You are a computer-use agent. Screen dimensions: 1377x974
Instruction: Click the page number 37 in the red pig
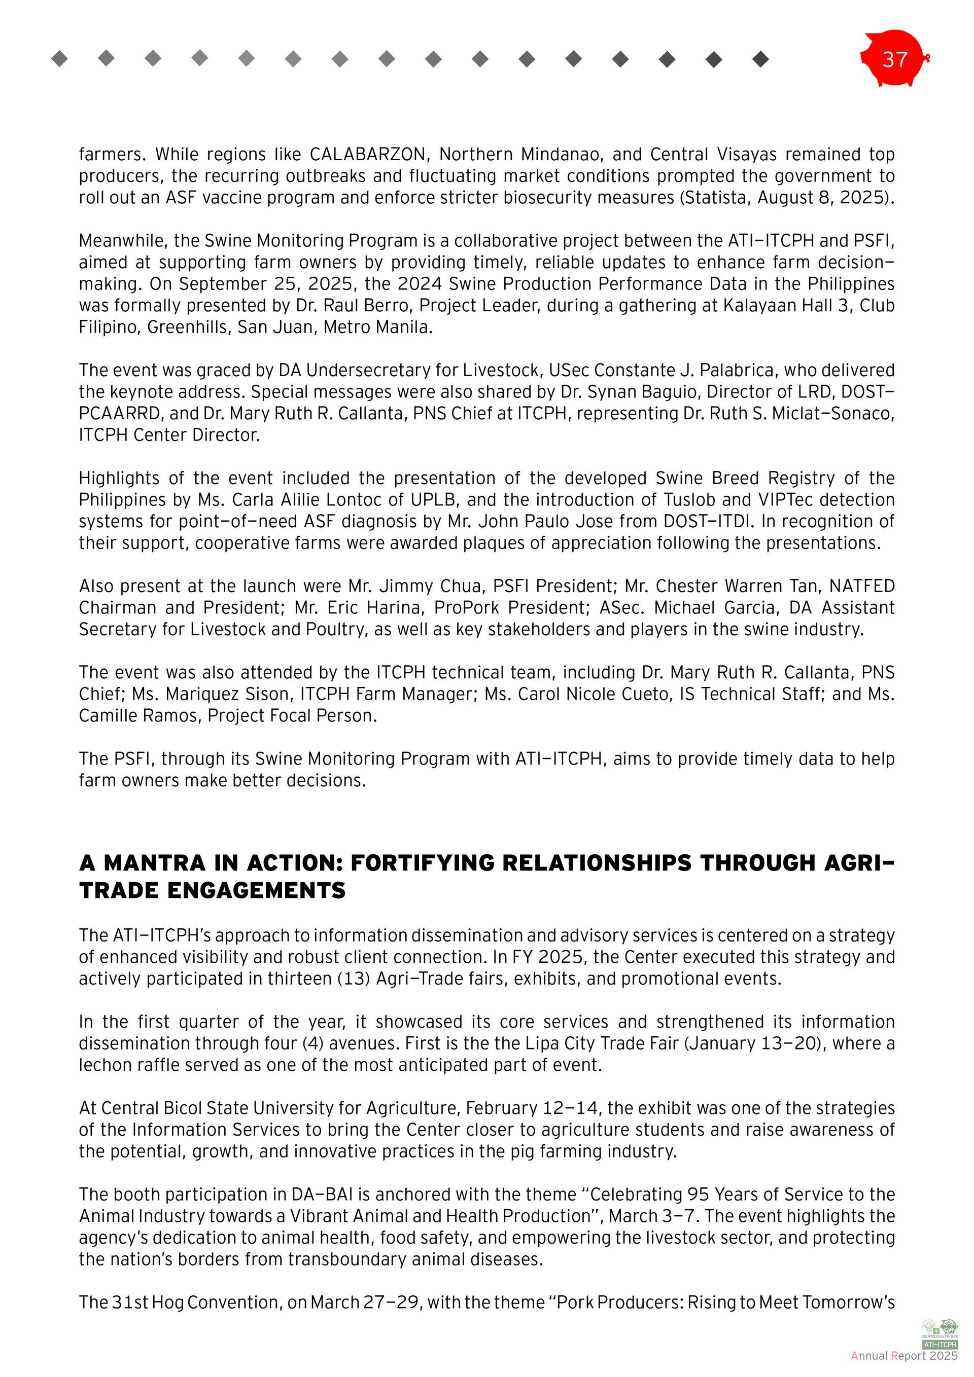tap(894, 59)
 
